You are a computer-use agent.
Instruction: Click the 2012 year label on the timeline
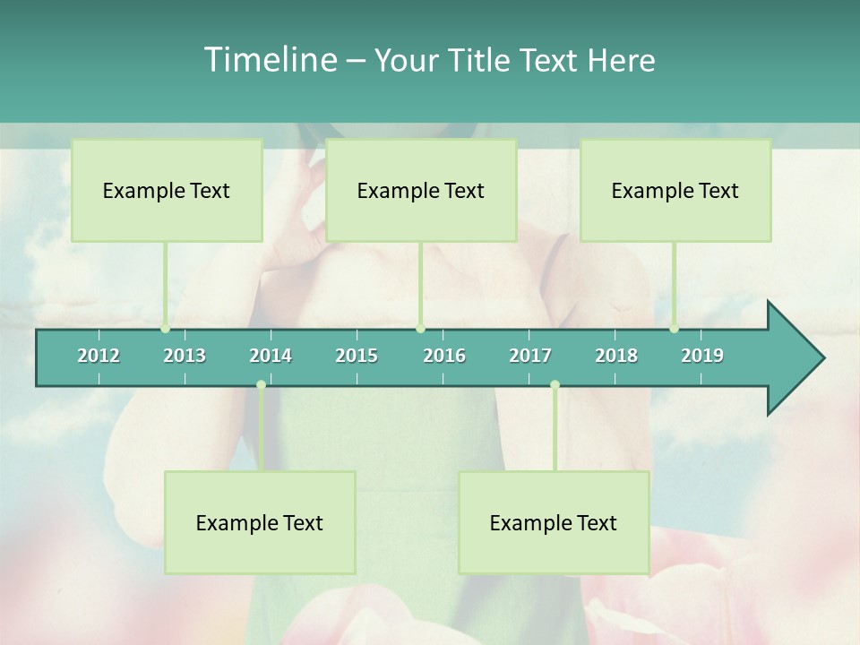click(x=99, y=356)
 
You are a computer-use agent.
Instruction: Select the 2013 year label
click(x=185, y=356)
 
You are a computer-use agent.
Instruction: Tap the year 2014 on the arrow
click(x=271, y=356)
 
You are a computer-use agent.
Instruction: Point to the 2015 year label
click(x=357, y=356)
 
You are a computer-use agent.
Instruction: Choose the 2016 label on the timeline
click(x=444, y=356)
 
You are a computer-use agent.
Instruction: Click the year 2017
click(x=530, y=356)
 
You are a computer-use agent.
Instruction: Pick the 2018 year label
click(x=616, y=356)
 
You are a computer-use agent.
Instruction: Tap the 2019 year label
click(x=702, y=356)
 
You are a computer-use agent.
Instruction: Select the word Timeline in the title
click(x=269, y=60)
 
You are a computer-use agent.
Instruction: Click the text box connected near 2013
click(x=167, y=190)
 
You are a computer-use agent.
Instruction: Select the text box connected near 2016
click(x=421, y=190)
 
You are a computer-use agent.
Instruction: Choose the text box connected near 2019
click(x=675, y=190)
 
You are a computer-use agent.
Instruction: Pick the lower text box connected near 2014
click(x=260, y=522)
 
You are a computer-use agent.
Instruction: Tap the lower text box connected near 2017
click(x=554, y=522)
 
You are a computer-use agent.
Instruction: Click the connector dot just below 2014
click(x=261, y=385)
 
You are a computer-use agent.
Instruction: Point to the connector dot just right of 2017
click(x=555, y=385)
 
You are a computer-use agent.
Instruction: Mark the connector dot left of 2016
click(x=420, y=329)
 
